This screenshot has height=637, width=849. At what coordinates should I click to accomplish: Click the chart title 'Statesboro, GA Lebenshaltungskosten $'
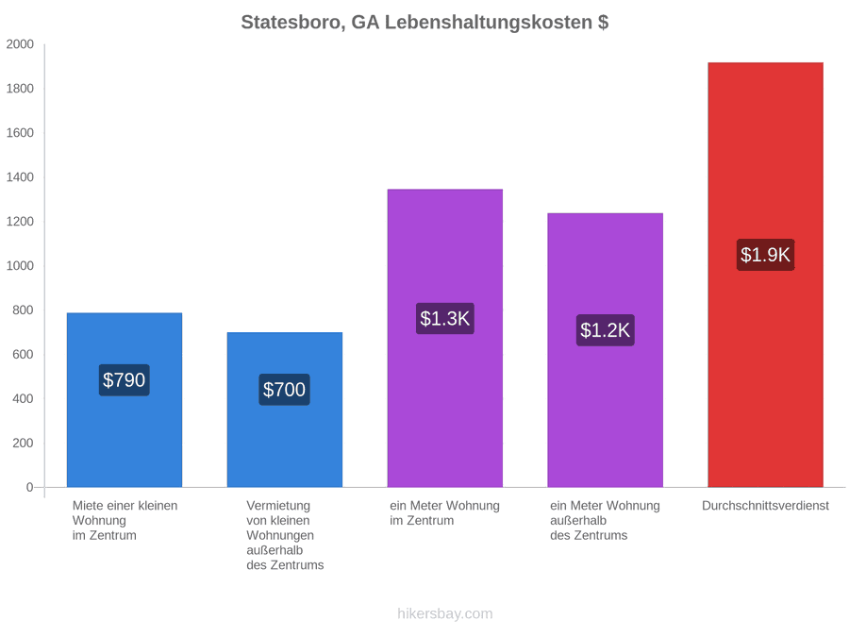424,23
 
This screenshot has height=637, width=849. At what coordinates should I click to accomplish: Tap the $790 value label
124,380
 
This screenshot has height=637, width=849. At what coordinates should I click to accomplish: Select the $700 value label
284,390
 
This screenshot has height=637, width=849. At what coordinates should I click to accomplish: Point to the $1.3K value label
445,319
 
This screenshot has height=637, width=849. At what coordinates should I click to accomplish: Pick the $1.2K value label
606,330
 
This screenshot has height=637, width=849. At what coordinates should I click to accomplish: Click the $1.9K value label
766,255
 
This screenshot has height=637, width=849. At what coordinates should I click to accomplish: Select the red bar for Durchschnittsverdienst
766,275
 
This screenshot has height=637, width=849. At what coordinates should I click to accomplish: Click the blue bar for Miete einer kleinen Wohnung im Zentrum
125,400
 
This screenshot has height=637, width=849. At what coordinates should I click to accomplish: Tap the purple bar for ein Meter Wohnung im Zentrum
445,338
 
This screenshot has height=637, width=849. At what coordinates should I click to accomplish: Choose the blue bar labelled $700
285,410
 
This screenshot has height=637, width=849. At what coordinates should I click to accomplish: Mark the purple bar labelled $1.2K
606,350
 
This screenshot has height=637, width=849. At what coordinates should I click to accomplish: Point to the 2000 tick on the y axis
20,44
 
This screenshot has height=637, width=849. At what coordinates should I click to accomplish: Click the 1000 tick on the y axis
20,266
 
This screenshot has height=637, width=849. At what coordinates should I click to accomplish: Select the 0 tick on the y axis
30,488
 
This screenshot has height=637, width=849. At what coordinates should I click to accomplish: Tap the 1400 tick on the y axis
20,177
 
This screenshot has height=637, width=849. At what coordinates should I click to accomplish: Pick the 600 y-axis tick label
24,354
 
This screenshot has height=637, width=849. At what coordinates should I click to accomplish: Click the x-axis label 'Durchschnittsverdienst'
766,506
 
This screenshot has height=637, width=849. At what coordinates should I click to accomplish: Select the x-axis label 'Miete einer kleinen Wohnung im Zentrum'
125,521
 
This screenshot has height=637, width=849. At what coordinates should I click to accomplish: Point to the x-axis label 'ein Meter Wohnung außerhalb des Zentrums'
606,521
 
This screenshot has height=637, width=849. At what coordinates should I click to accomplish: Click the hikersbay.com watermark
445,613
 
